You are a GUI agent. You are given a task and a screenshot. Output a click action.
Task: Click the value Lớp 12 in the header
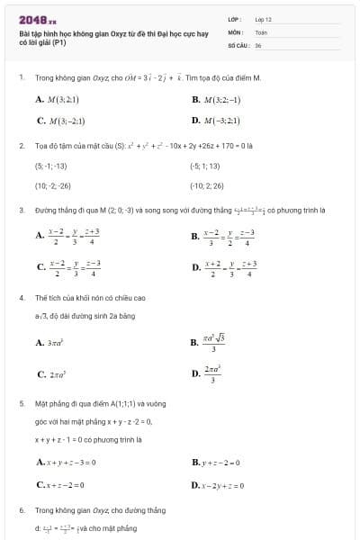point(264,18)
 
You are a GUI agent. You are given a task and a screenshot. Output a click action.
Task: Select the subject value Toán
point(261,31)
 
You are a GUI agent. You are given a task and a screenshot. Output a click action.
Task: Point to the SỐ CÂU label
point(237,44)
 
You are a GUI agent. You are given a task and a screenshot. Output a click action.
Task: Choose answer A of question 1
point(58,99)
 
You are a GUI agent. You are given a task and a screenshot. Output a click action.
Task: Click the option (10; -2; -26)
point(52,185)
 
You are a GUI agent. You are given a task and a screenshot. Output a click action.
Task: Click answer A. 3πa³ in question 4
point(53,343)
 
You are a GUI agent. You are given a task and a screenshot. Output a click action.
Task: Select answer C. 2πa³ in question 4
point(54,373)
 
